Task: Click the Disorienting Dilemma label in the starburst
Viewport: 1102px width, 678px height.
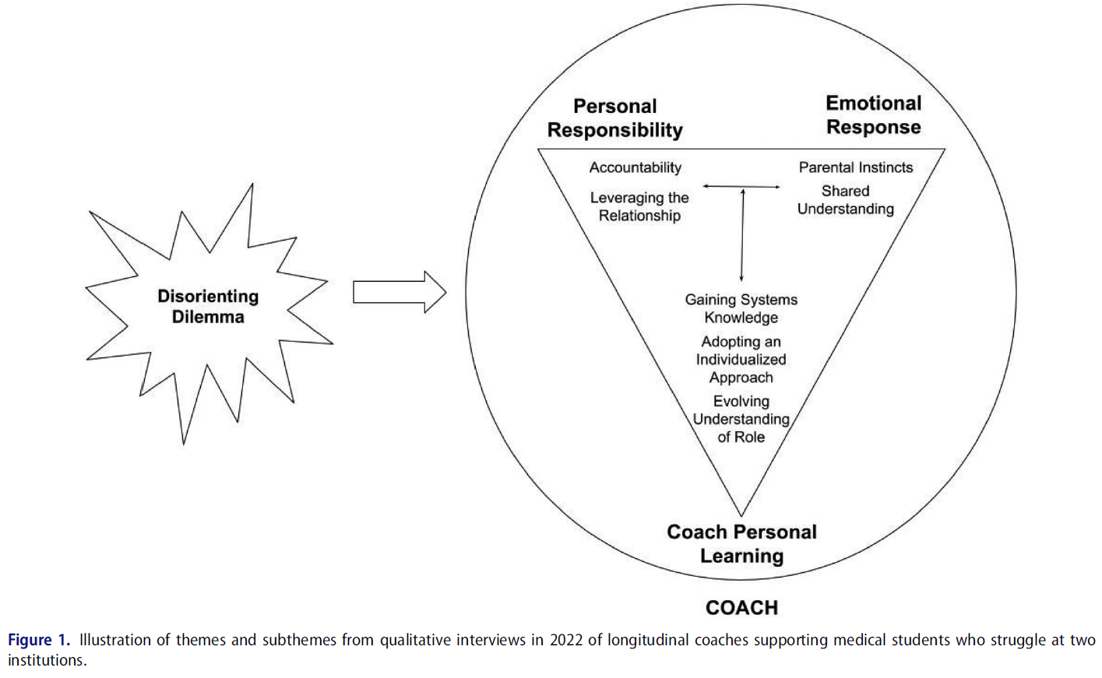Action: pos(208,306)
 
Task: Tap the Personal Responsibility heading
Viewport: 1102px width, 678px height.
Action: pos(614,118)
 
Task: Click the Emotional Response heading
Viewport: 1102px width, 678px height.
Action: pos(873,114)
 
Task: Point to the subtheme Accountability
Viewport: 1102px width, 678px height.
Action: pos(635,167)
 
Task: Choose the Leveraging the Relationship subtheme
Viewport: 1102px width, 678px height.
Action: pos(639,206)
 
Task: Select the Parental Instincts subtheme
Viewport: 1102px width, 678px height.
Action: pos(855,167)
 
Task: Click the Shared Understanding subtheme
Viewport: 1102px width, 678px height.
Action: pos(845,200)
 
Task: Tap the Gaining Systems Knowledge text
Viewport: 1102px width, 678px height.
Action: pos(741,308)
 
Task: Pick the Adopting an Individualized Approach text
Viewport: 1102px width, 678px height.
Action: pos(741,359)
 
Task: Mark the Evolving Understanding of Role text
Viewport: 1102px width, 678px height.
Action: pos(741,419)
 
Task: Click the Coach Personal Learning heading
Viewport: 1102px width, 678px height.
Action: pos(741,543)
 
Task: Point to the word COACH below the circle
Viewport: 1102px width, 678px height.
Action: pos(741,607)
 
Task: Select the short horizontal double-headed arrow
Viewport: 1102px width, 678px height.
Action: pos(741,187)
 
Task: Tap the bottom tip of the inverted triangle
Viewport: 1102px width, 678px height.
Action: pos(741,515)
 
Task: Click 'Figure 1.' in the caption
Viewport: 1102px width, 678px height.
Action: pos(39,640)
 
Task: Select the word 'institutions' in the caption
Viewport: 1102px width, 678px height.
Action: pos(44,660)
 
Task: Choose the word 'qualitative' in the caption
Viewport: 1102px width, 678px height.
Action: pos(414,640)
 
